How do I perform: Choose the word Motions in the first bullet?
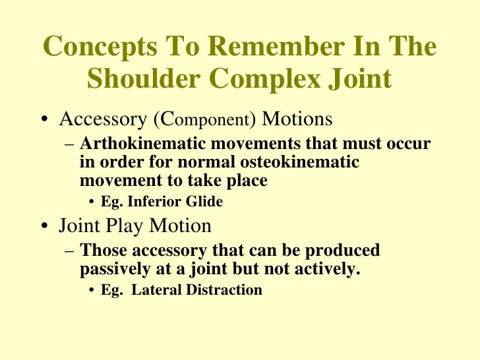(297, 121)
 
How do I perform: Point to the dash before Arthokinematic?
(69, 144)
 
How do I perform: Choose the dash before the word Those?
(69, 251)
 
